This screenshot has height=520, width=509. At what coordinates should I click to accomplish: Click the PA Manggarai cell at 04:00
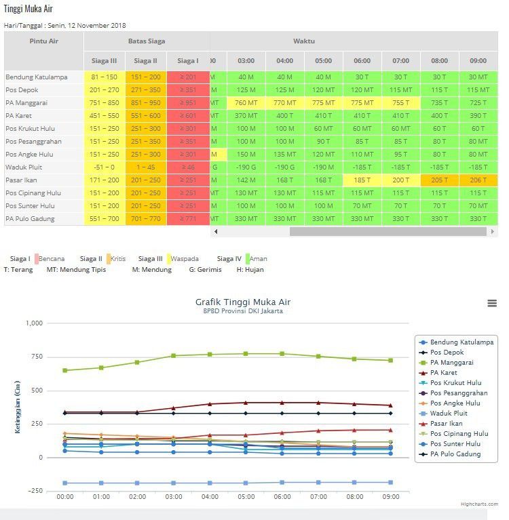coord(284,103)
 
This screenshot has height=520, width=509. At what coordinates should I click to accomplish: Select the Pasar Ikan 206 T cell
coord(478,180)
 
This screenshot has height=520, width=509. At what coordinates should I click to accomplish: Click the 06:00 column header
coord(362,61)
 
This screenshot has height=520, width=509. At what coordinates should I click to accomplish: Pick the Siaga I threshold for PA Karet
coord(188,116)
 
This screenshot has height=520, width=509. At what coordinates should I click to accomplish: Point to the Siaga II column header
coord(146,61)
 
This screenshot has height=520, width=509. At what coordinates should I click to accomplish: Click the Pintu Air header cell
coord(43,41)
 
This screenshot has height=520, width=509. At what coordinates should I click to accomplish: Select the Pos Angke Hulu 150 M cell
coord(246,155)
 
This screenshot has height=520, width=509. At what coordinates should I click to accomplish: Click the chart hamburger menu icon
coord(492,303)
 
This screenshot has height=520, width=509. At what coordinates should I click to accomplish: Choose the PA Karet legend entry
coord(443,373)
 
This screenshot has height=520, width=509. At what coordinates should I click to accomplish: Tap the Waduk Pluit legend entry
coord(448,414)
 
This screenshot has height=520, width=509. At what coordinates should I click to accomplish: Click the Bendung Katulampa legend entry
coord(461,342)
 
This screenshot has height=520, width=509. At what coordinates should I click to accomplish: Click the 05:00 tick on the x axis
coord(246,497)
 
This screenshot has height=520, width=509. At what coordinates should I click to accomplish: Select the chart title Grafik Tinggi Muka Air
coord(243,302)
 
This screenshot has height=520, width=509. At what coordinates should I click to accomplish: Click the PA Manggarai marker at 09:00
coord(390,360)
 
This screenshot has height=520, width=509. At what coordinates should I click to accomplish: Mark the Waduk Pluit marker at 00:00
coord(65,483)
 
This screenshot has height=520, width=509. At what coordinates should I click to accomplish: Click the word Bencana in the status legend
coord(52,259)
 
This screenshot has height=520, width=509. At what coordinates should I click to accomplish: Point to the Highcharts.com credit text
coord(479,504)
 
